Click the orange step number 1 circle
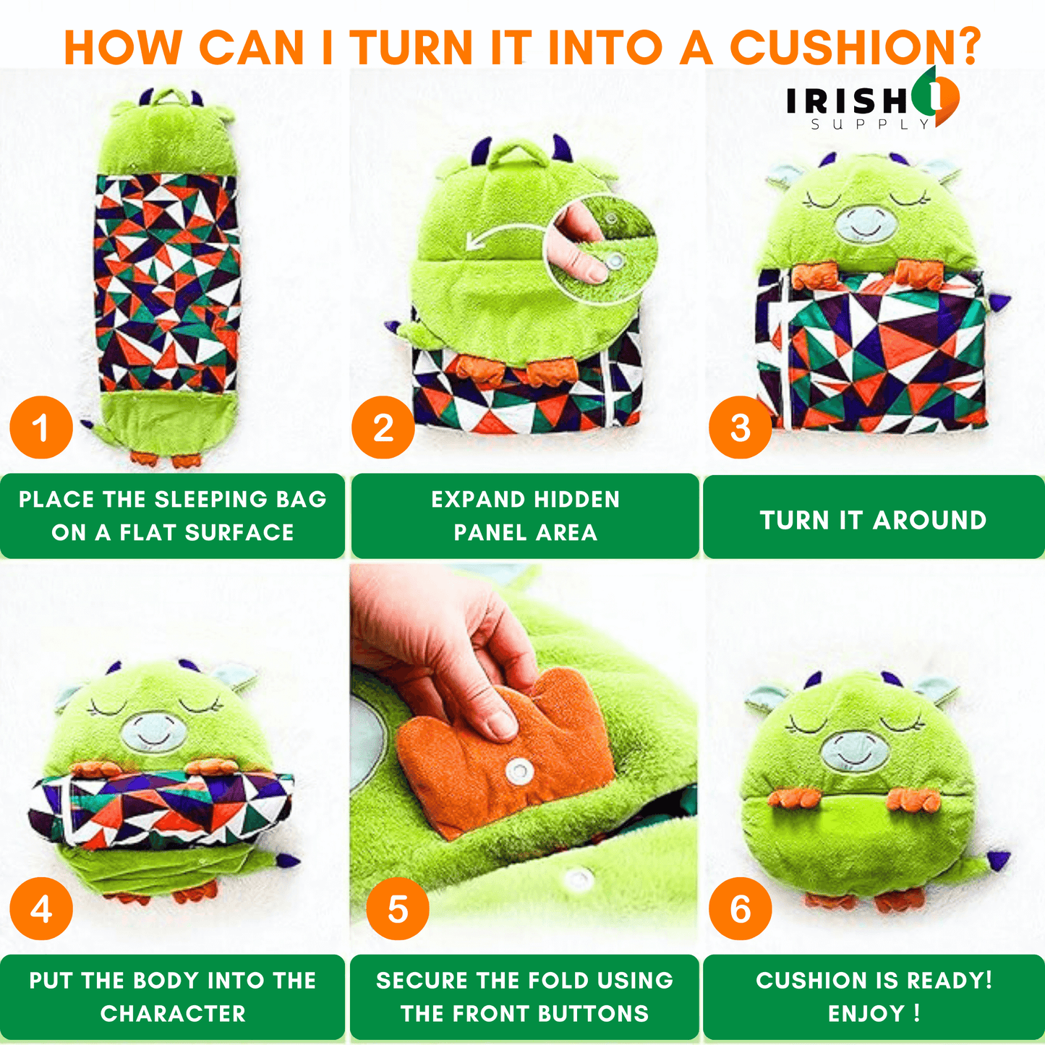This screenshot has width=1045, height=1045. coord(41,427)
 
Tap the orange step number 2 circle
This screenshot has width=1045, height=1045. coord(383,427)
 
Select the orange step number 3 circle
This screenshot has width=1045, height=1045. coord(741,427)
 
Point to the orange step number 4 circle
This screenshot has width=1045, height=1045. coord(41,908)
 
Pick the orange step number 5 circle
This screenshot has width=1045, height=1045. coord(398,908)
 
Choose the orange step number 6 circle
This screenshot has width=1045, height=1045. coord(741,908)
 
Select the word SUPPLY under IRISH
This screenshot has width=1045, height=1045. coord(870,124)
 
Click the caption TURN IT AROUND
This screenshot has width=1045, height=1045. coord(873,520)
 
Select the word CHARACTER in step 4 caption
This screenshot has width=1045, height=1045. coord(173,1013)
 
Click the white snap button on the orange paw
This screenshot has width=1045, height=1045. coord(519,769)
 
